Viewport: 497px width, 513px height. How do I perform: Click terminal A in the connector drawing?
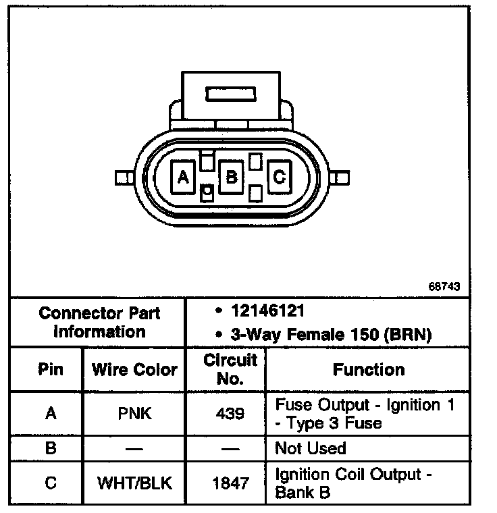[x=182, y=177]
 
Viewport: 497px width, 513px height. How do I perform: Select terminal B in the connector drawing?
[x=231, y=177]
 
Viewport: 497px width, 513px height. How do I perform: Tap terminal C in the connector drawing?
[x=279, y=177]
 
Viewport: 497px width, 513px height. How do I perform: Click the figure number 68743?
[x=444, y=286]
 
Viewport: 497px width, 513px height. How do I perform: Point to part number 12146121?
[x=269, y=311]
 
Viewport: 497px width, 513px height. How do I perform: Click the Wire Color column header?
[x=134, y=369]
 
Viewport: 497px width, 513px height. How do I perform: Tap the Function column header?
[x=369, y=369]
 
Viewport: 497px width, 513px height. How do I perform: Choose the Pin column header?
[x=51, y=369]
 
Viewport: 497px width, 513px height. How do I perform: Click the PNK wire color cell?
[x=134, y=413]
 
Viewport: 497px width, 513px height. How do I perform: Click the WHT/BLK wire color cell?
[x=134, y=483]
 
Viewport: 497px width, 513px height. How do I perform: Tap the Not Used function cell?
[x=311, y=448]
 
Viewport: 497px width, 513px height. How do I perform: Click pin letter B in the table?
[x=51, y=448]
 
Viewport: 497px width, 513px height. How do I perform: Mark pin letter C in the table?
[x=51, y=483]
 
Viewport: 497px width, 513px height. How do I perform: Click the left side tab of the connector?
[x=122, y=178]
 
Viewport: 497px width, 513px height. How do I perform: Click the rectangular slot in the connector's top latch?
[x=232, y=93]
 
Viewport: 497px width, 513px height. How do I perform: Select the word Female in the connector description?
[x=316, y=334]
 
